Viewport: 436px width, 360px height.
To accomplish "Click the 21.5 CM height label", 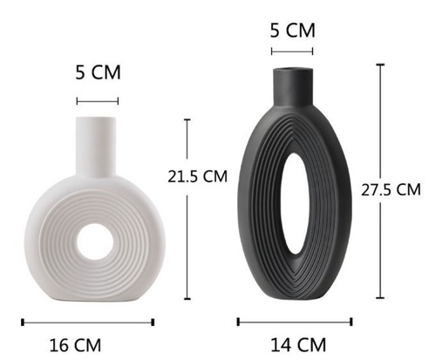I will click(x=198, y=176).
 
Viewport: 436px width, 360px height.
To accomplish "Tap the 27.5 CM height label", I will click(x=396, y=190).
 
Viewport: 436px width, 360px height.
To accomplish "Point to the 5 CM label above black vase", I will click(x=292, y=31).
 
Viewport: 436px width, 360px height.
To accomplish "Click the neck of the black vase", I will click(x=292, y=83).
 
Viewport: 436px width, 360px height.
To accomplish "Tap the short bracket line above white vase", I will click(x=97, y=101).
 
